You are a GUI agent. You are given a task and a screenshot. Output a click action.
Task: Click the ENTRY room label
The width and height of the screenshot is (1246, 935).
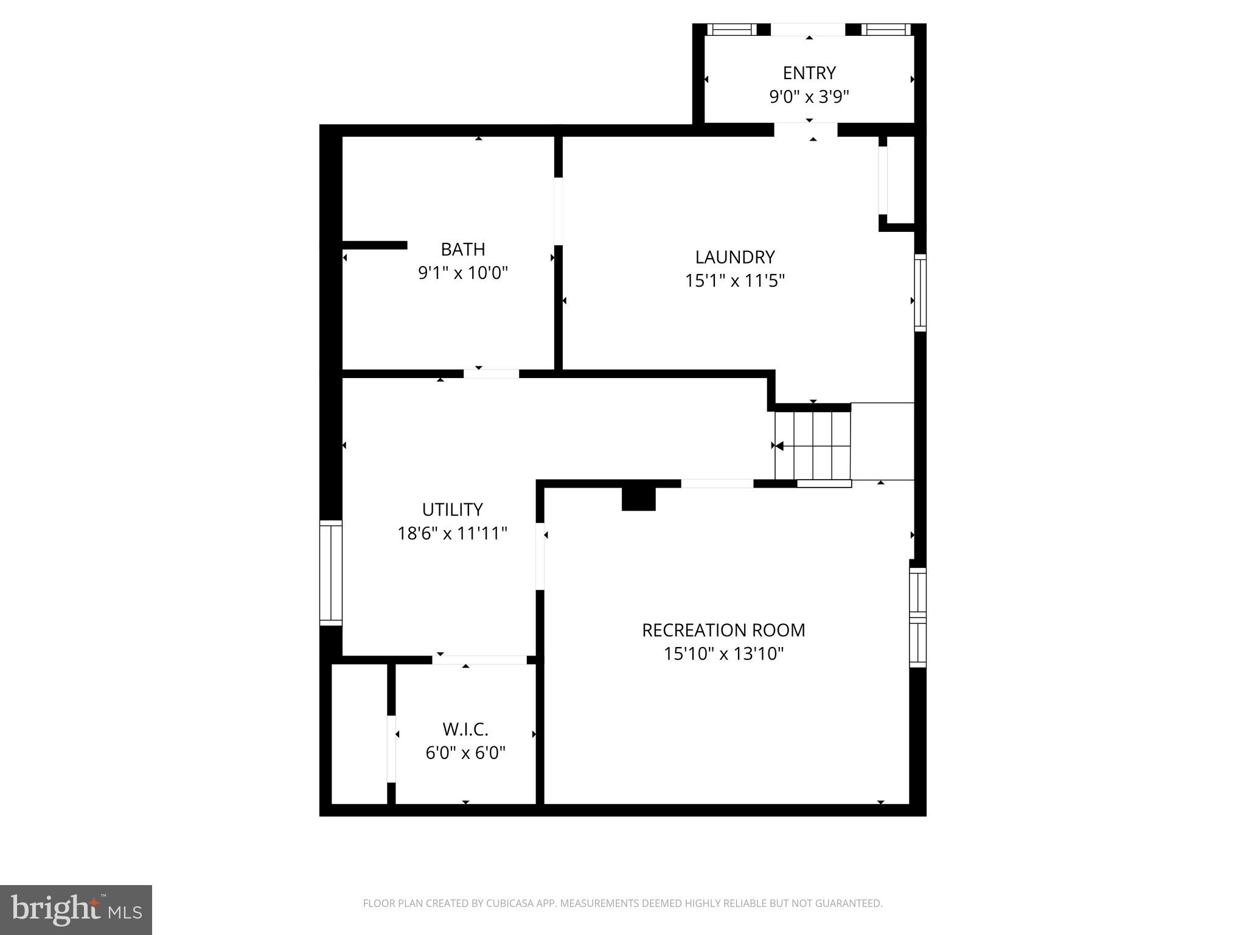click(x=809, y=73)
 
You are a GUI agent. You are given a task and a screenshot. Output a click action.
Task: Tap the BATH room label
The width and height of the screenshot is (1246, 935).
click(x=462, y=250)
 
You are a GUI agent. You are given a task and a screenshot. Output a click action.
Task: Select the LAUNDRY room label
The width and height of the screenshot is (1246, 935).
click(x=735, y=257)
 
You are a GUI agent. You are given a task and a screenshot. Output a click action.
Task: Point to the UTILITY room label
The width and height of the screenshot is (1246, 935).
click(x=452, y=510)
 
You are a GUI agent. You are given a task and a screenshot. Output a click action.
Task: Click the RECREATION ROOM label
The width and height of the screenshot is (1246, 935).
click(x=723, y=630)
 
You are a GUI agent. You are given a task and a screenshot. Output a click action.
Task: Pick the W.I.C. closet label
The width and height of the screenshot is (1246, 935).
click(x=465, y=729)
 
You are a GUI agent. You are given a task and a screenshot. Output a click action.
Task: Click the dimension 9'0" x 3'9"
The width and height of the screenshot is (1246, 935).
click(x=809, y=97)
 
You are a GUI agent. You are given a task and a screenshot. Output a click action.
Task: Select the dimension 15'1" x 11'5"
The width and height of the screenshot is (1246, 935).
click(x=735, y=281)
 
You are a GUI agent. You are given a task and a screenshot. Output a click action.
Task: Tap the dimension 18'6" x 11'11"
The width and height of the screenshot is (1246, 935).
click(x=452, y=533)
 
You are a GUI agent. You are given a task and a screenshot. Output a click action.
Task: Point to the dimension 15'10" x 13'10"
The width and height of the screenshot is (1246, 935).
click(x=723, y=654)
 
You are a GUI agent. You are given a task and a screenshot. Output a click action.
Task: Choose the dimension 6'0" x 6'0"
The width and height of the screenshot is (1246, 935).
click(x=465, y=753)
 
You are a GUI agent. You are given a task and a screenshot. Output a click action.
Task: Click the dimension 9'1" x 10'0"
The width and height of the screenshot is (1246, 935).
click(x=462, y=273)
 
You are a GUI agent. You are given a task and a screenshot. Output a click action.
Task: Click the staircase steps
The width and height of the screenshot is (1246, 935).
click(x=812, y=446)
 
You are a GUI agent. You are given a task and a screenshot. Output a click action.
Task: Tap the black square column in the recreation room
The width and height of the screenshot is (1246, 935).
click(x=638, y=499)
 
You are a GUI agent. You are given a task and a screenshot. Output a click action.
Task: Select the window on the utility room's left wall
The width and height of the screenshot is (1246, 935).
click(x=331, y=573)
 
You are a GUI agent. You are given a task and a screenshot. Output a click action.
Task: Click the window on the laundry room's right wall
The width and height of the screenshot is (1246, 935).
click(x=921, y=293)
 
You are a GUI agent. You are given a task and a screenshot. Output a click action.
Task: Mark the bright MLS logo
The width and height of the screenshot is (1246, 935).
click(x=76, y=910)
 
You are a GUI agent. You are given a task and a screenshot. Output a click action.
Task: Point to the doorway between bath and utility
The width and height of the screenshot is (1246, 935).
click(x=491, y=374)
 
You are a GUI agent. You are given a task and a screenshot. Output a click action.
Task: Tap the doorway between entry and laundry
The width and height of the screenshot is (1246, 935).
click(x=806, y=130)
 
